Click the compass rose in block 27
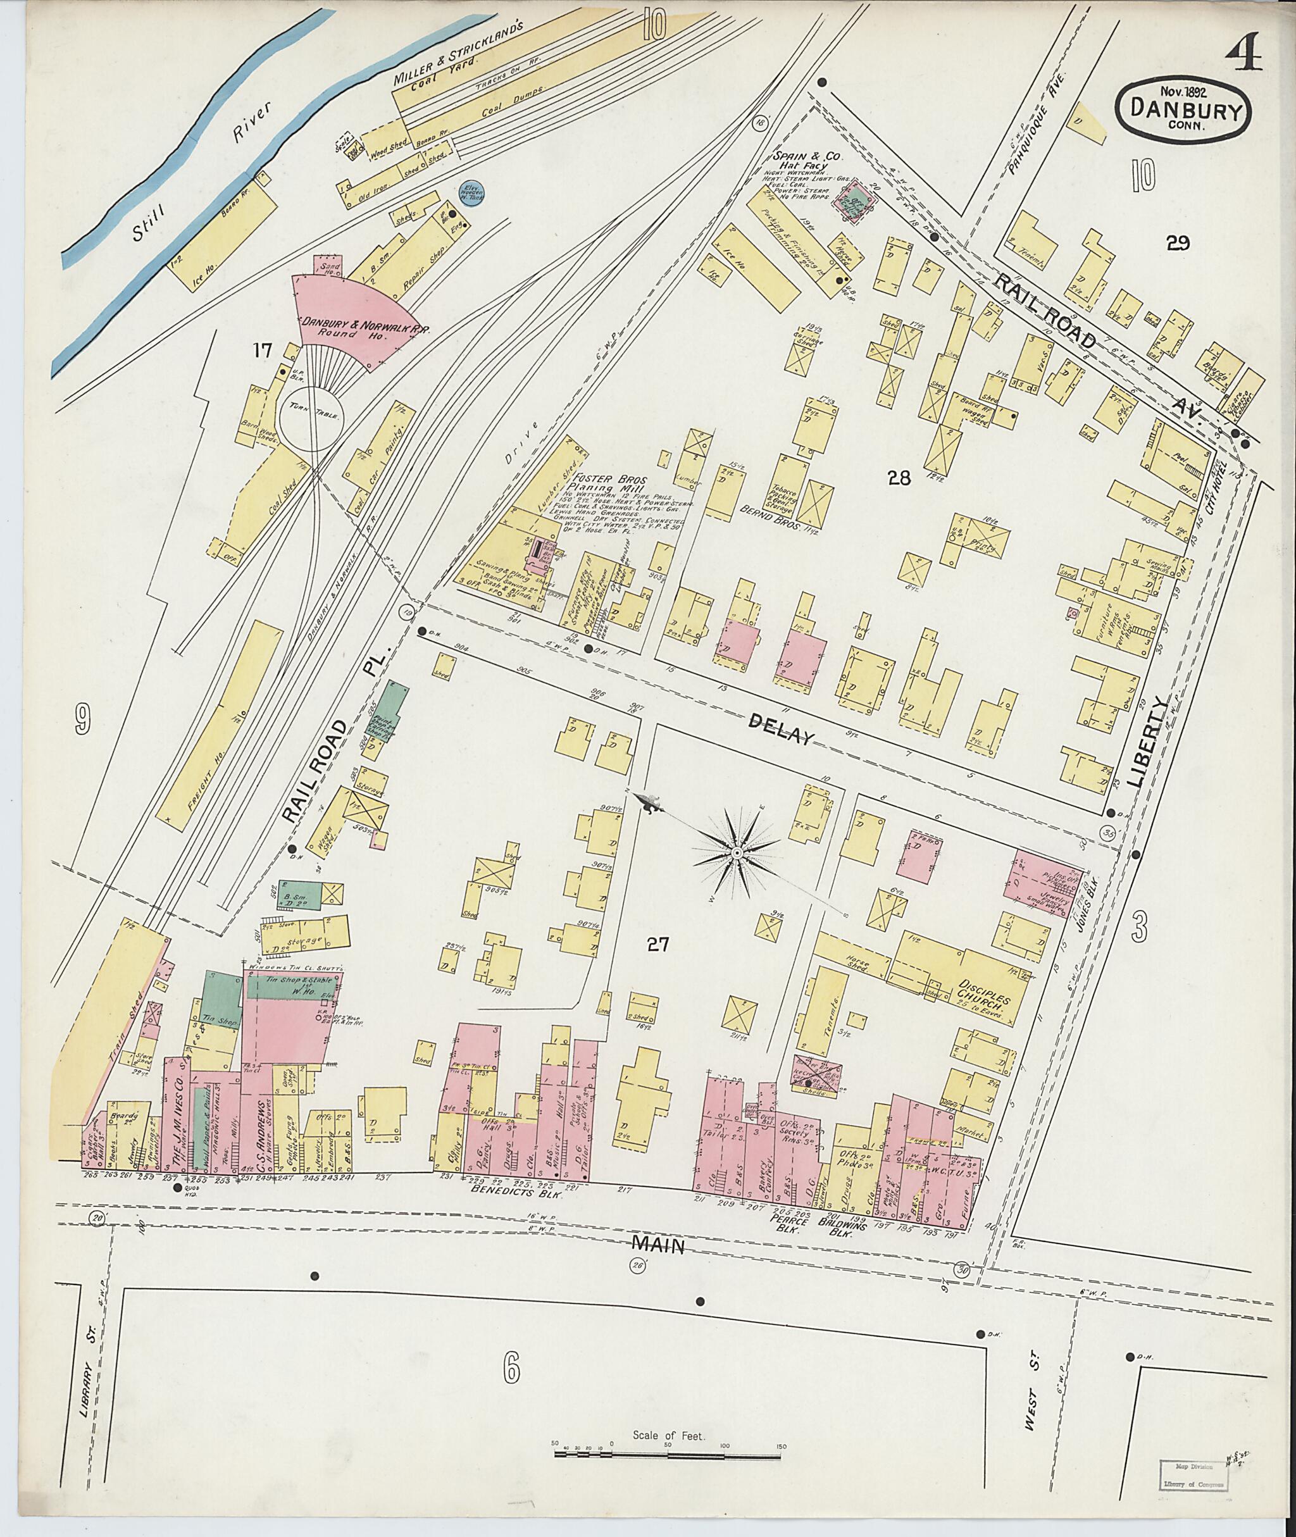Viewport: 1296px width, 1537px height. pos(735,852)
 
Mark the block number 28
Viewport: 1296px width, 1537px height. pos(899,479)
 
